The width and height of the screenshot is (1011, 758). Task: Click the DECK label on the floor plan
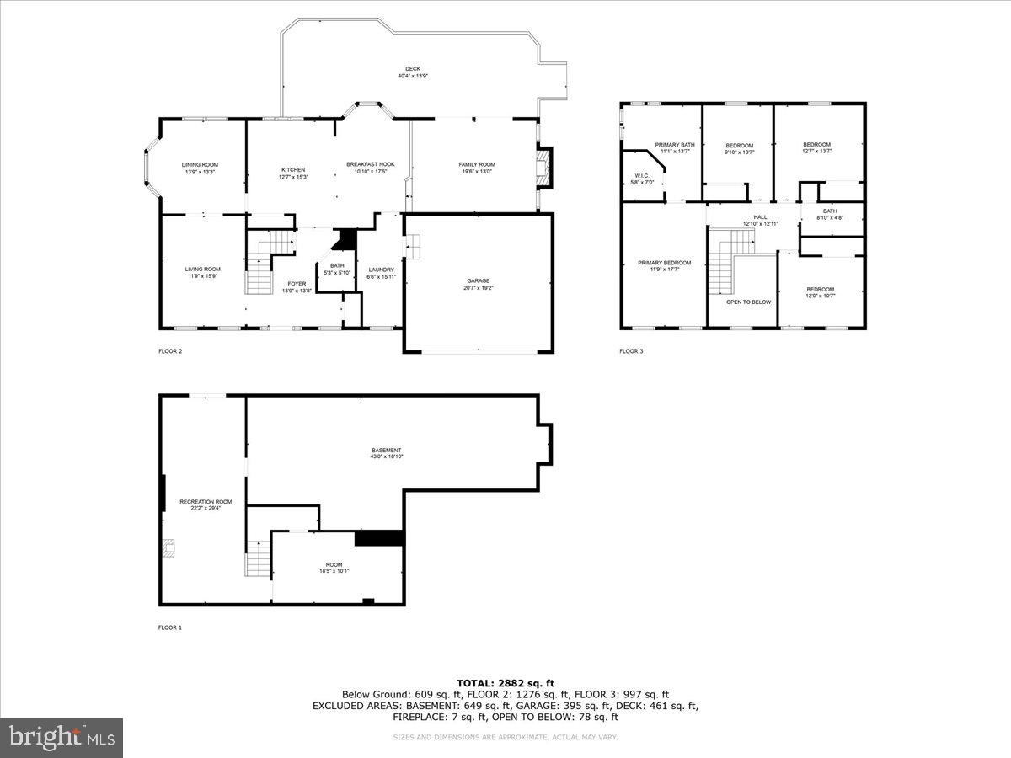click(413, 69)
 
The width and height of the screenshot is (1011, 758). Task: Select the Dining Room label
click(200, 165)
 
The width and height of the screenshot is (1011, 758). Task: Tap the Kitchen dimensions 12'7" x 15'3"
click(293, 177)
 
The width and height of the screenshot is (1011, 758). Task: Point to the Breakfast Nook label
click(371, 165)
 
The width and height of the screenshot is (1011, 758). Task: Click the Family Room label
click(476, 165)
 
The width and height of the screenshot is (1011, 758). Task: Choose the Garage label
click(479, 281)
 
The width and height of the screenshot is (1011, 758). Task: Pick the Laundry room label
click(381, 270)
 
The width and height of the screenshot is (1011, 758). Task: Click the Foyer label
click(297, 284)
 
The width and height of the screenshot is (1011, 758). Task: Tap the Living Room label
click(202, 270)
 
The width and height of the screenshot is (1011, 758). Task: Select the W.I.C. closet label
click(642, 175)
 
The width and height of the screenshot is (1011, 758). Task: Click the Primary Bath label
click(675, 146)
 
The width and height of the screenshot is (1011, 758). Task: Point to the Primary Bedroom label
click(664, 263)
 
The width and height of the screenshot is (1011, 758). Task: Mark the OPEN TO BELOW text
click(748, 302)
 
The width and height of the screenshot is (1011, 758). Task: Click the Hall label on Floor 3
click(760, 217)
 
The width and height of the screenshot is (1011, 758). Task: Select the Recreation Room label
click(205, 502)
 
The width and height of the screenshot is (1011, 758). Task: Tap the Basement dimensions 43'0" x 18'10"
click(388, 457)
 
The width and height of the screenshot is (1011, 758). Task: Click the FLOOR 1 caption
click(170, 627)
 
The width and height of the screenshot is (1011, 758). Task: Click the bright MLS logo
click(62, 738)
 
